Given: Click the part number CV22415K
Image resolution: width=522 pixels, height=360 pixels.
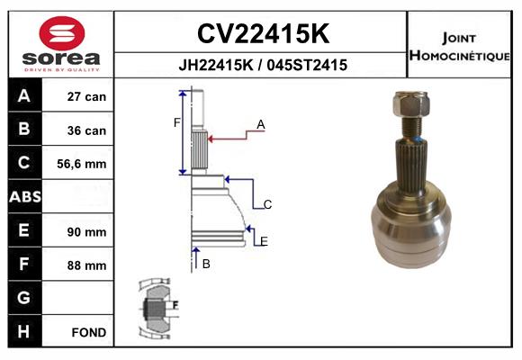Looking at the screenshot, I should (x=262, y=33).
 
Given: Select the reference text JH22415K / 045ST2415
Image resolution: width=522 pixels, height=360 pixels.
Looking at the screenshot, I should (x=262, y=66).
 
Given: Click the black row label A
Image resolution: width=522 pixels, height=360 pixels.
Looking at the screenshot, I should (x=23, y=96).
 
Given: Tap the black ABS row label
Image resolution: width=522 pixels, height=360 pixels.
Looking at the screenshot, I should (x=23, y=197).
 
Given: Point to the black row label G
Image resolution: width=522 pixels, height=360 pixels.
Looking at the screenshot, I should (x=23, y=298).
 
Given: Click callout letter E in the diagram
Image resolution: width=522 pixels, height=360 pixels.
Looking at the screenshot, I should (x=263, y=240).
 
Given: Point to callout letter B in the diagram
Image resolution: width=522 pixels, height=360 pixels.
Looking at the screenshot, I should (x=205, y=264).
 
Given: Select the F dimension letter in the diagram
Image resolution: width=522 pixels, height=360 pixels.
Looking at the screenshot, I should (x=176, y=122).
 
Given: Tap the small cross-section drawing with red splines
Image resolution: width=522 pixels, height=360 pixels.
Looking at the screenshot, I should (x=157, y=310).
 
